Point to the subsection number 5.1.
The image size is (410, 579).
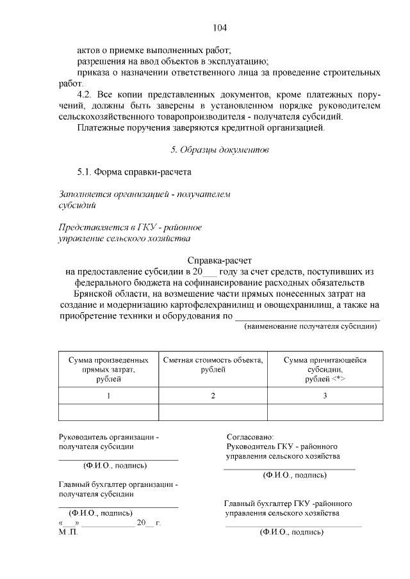tap(85, 171)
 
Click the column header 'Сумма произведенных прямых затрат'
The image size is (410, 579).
tap(108, 369)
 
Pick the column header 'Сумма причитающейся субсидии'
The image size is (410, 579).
tap(325, 369)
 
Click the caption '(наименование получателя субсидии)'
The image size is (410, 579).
tap(311, 326)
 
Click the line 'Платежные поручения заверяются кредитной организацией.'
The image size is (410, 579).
tap(201, 128)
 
